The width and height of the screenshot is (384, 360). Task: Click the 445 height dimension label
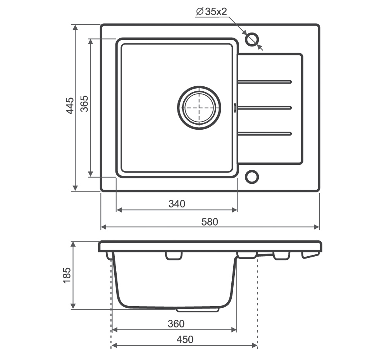70,106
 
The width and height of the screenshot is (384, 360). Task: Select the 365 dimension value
84,104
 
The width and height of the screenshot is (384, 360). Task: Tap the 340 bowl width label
177,204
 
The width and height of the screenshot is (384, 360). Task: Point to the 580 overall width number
210,222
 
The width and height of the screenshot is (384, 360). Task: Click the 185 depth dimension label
67,276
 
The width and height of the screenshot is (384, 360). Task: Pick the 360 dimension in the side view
176,324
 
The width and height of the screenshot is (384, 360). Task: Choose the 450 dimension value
185,339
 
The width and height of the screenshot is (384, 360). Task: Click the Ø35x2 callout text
212,12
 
